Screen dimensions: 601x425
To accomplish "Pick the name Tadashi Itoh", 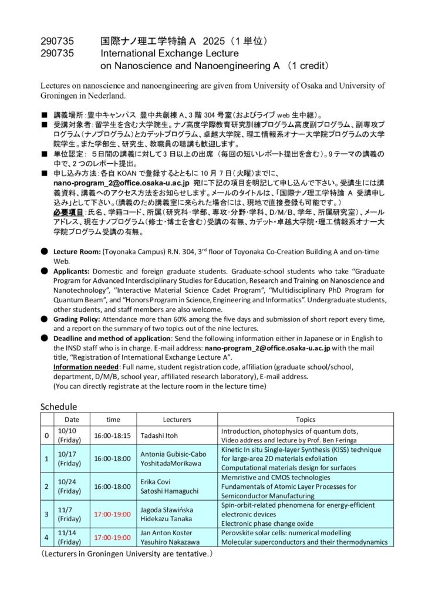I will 160,435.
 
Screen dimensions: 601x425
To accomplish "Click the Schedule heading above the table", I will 59,407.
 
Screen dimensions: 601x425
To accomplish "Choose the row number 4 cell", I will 47,537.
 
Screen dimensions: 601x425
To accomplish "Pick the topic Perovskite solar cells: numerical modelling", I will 286,532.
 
